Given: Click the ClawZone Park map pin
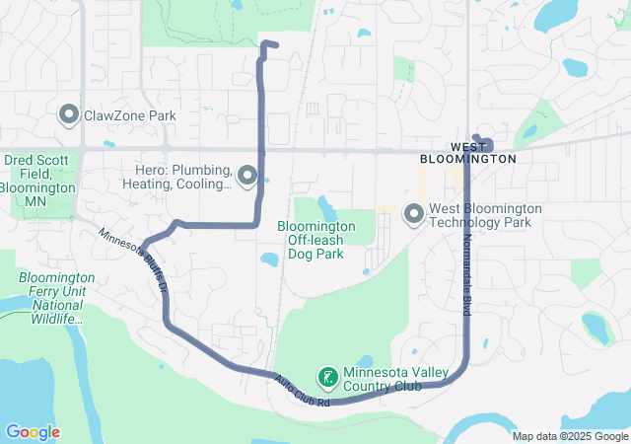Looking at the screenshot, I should [69, 115].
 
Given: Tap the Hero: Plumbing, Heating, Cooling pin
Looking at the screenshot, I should [246, 176].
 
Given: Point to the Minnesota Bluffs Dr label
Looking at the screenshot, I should [134, 259].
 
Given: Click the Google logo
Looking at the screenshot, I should [33, 432].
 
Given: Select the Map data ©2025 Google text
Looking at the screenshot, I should [569, 436].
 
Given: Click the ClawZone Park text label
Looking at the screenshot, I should [130, 115].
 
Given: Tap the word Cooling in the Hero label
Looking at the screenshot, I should [205, 184].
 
